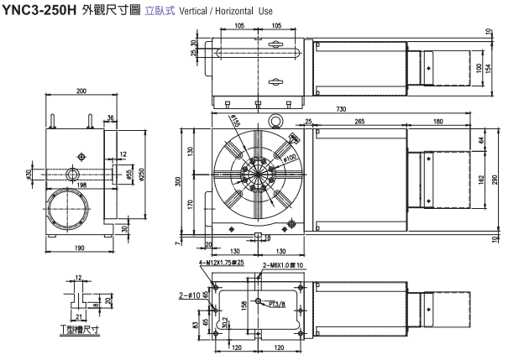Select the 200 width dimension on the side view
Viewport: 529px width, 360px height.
81,91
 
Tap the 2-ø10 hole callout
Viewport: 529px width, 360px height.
190,295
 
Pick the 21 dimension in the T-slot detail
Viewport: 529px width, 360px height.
78,316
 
